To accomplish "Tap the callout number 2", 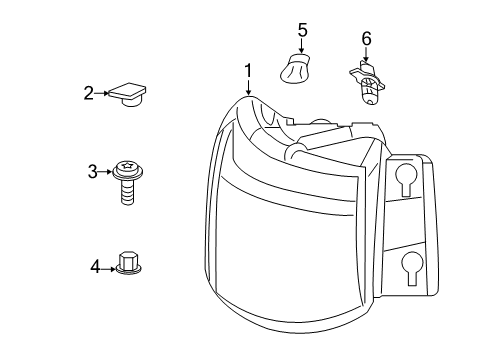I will pyautogui.click(x=88, y=93).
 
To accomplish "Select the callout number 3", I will pyautogui.click(x=93, y=172).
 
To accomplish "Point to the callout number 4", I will pyautogui.click(x=95, y=266).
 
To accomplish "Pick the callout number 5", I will pyautogui.click(x=301, y=32).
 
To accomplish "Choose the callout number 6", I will pyautogui.click(x=366, y=38).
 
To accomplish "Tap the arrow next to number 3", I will pyautogui.click(x=108, y=172).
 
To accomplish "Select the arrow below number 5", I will pyautogui.click(x=301, y=47).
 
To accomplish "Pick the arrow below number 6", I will pyautogui.click(x=366, y=55).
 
